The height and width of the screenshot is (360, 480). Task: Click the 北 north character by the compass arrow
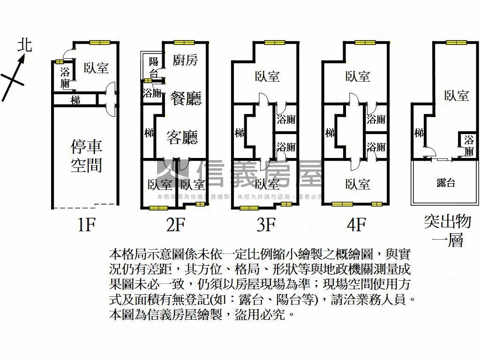24,45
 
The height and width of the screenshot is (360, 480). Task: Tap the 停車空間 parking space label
86,156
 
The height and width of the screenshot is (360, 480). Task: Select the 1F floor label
87,225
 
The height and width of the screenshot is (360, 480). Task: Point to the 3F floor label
265,225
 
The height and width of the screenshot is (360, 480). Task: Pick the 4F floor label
356,225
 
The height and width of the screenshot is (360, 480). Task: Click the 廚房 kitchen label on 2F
185,60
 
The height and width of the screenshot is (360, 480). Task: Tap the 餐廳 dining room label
186,98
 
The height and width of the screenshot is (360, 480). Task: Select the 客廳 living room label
182,137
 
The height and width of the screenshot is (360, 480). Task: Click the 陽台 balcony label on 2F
153,67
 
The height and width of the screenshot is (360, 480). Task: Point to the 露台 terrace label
445,183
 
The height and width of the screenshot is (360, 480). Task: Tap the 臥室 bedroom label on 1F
96,68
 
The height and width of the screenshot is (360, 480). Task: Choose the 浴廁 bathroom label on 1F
65,78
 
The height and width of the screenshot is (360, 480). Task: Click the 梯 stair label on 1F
75,100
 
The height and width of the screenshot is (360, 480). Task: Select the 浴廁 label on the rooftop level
469,145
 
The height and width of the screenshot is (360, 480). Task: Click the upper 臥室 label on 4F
358,76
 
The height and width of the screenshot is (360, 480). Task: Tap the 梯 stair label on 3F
240,133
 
